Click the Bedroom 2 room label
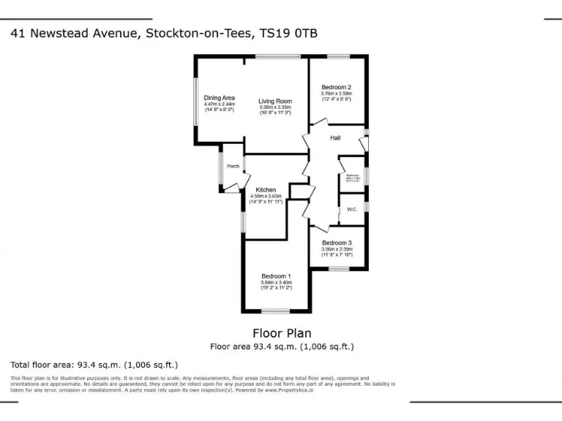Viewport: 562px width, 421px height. [337, 87]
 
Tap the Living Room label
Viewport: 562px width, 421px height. [274, 102]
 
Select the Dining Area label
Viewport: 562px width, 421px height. [219, 98]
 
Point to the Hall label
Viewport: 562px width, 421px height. [335, 138]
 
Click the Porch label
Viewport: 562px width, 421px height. [233, 167]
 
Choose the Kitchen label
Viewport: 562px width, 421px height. [266, 190]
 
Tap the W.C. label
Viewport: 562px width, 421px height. [351, 210]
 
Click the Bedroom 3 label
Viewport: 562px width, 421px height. [337, 243]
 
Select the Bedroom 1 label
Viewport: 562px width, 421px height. [276, 276]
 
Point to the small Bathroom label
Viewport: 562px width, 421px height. [352, 175]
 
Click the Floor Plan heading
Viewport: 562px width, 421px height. [282, 333]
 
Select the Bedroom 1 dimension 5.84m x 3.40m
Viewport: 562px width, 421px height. [276, 282]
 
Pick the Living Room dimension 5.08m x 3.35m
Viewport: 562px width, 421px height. [274, 108]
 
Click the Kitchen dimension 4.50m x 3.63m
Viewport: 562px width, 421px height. [266, 196]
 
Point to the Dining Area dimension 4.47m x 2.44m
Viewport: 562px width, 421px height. [219, 104]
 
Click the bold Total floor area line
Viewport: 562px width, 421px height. [94, 365]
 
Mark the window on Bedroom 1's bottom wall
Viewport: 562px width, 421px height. [276, 311]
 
